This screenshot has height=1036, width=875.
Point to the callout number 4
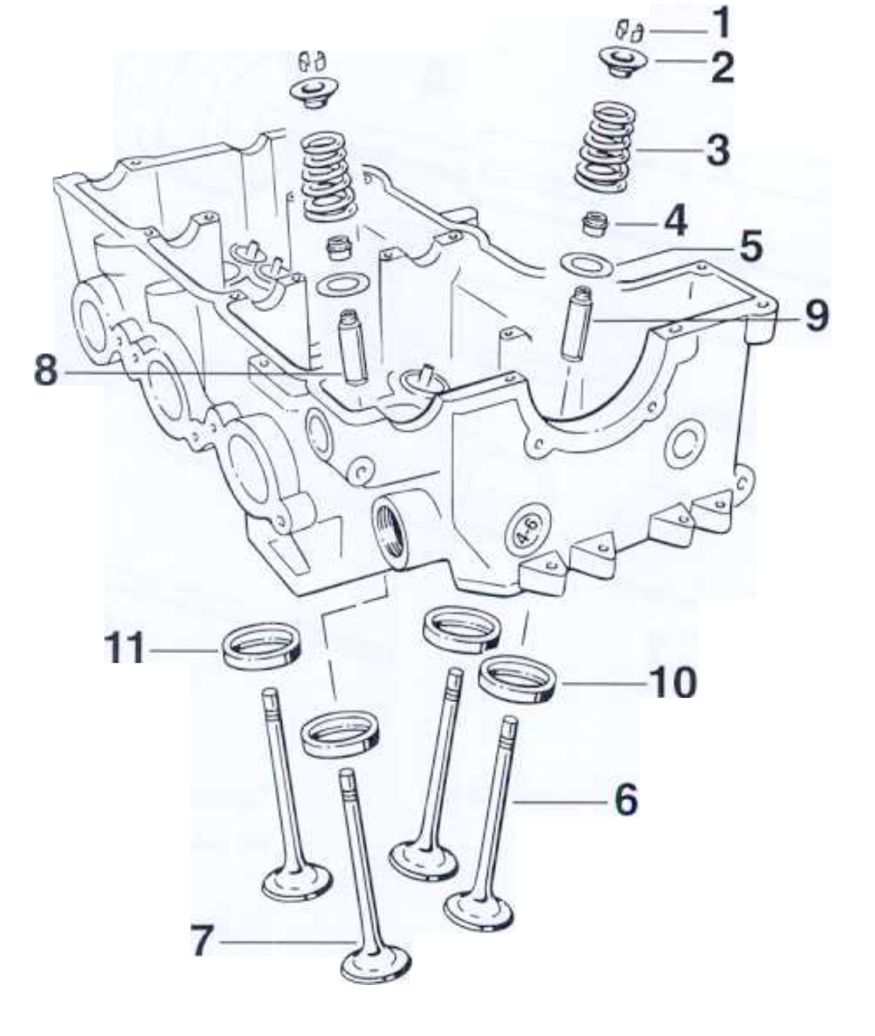[675, 222]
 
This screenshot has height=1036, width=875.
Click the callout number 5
[751, 247]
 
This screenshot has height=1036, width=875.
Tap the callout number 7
[202, 941]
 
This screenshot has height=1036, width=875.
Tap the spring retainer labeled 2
[622, 61]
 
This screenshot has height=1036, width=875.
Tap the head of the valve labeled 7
[376, 965]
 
